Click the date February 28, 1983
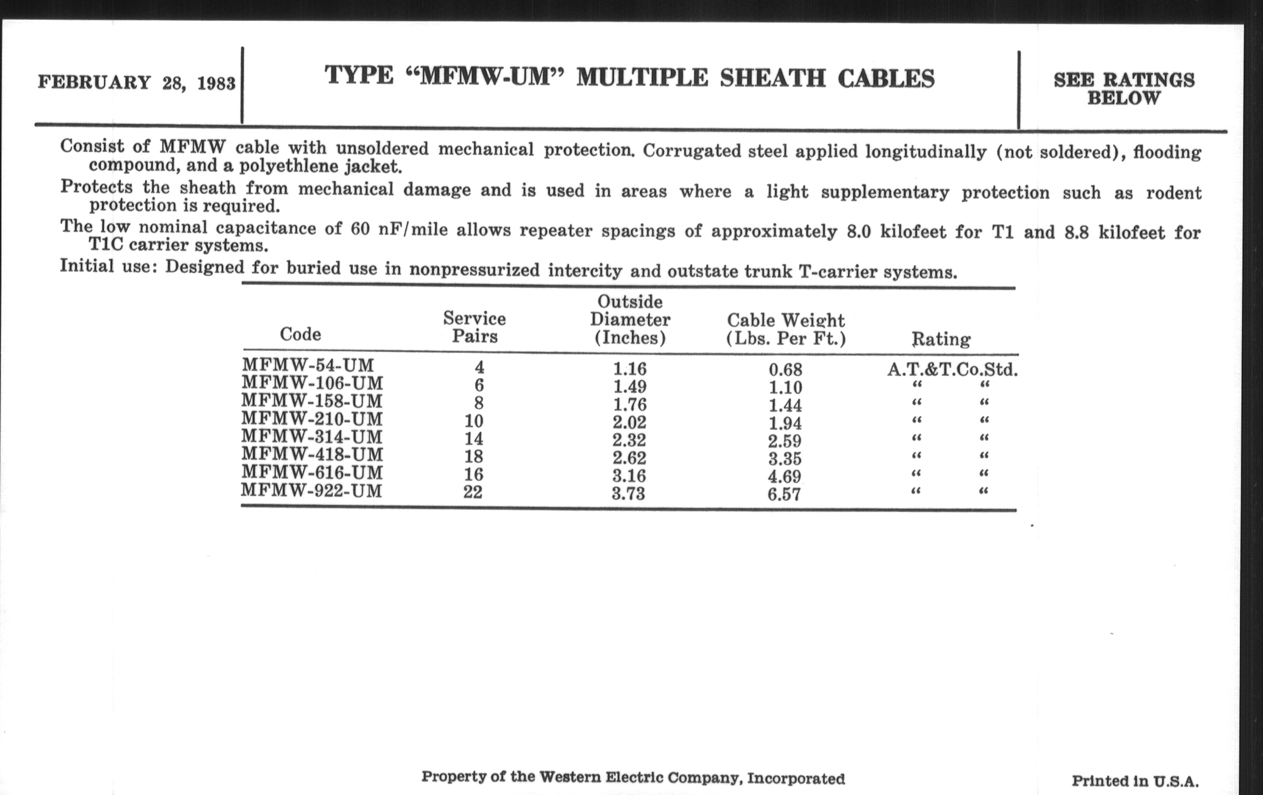tap(137, 83)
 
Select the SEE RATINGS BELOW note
tap(1123, 89)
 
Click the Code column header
tap(300, 334)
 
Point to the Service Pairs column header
tap(474, 327)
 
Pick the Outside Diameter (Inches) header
tap(630, 320)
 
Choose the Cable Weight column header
tap(786, 329)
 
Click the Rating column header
tap(941, 339)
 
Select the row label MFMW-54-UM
tap(308, 365)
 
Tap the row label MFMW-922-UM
tap(312, 491)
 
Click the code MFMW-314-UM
tap(312, 436)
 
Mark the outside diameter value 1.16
tap(629, 369)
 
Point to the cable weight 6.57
tap(784, 494)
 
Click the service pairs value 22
tap(473, 492)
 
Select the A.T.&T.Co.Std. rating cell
tap(952, 370)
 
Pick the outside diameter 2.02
tap(629, 422)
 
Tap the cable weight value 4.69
tap(785, 476)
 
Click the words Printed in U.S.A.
tap(1135, 781)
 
